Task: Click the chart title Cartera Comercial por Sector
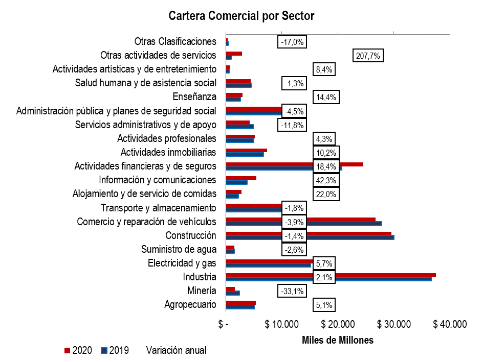[x=241, y=16]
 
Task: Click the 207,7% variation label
[x=368, y=56]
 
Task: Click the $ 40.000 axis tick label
[x=450, y=325]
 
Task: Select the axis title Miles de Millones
[x=338, y=340]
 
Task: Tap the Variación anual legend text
[x=177, y=350]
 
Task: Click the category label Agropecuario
[x=190, y=305]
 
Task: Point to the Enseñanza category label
[x=195, y=96]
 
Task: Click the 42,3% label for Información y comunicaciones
[x=326, y=180]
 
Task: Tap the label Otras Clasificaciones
[x=175, y=41]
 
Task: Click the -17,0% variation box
[x=293, y=42]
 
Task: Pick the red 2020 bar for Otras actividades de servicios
[x=234, y=54]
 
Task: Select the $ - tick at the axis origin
[x=223, y=325]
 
